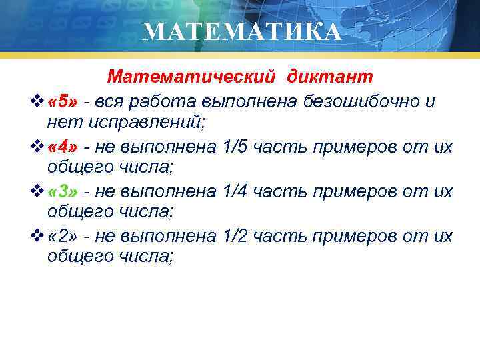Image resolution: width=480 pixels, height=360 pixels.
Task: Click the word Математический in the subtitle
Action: click(x=191, y=77)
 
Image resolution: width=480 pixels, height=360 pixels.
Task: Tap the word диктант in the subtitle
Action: click(x=330, y=77)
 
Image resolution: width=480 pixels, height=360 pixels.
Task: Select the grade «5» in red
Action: click(x=63, y=102)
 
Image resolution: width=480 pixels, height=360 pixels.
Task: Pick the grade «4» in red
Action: click(x=63, y=147)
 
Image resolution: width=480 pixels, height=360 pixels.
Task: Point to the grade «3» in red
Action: click(x=63, y=192)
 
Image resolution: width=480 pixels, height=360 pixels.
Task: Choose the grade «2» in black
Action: click(x=63, y=237)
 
